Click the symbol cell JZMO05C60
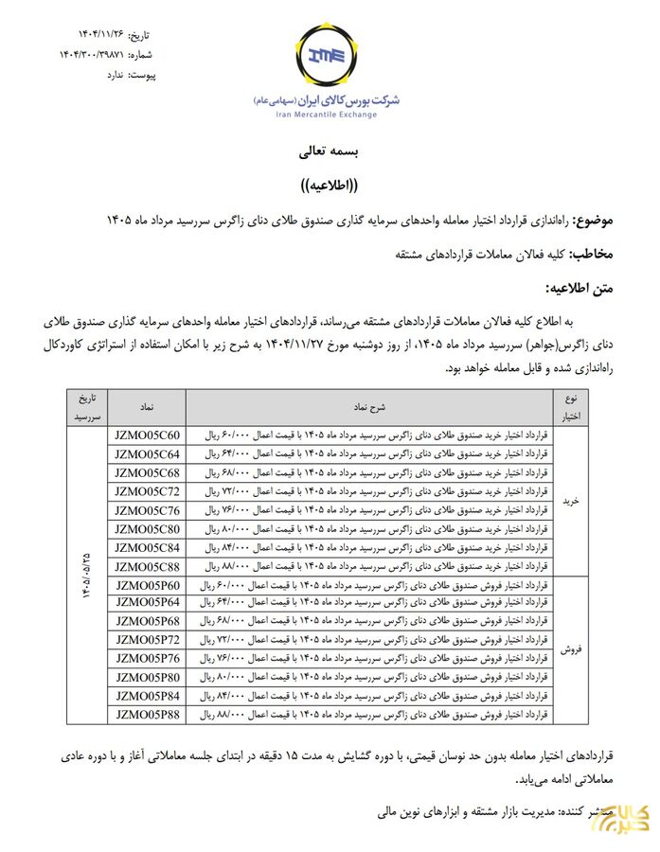click(x=147, y=435)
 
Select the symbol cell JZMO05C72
click(x=147, y=491)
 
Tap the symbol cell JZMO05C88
click(x=147, y=566)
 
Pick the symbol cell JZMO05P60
click(x=147, y=585)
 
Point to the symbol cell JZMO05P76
click(x=147, y=659)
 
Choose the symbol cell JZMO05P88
click(x=147, y=715)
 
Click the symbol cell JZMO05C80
click(x=147, y=529)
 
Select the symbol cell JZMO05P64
click(x=147, y=603)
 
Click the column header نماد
click(x=147, y=406)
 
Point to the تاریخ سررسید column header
click(x=87, y=406)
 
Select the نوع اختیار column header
click(x=571, y=406)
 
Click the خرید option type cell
click(x=571, y=501)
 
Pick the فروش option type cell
click(x=571, y=649)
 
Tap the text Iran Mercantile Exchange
click(x=327, y=115)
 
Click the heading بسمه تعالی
click(x=327, y=151)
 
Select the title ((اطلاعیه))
click(x=328, y=185)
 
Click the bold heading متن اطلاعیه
click(x=580, y=288)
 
